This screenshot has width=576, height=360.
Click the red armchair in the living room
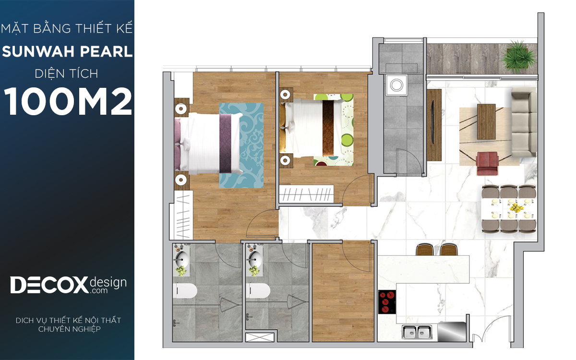coord(487,164)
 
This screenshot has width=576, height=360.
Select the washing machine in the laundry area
coord(396,85)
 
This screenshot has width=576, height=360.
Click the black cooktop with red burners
coord(387,302)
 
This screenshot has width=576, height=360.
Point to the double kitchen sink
coord(417,332)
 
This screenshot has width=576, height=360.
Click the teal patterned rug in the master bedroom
coord(241,145)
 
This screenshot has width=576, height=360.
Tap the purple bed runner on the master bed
coord(225,143)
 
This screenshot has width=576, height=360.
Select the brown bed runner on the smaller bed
coord(328,128)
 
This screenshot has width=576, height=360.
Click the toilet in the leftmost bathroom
coord(185,291)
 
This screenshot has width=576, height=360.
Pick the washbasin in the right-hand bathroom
coord(254,258)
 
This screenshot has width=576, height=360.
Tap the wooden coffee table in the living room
coord(486,121)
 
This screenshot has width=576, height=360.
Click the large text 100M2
coord(68,101)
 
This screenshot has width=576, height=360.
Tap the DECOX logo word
coord(49,285)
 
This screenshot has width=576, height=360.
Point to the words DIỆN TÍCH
coord(67,74)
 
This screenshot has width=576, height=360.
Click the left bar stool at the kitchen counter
coord(425,250)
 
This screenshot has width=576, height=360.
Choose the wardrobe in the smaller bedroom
coord(307,193)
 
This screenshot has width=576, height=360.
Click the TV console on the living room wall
coord(434,125)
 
